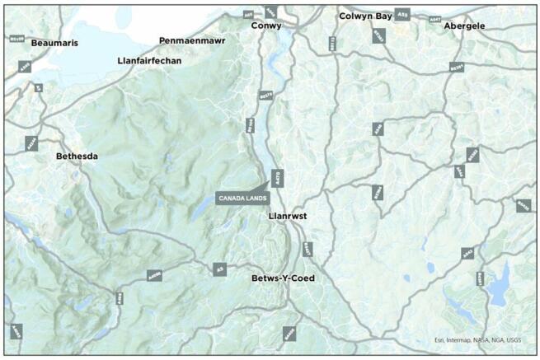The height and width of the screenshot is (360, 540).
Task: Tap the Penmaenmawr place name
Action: [190, 40]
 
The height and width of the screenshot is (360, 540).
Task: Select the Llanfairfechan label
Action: [149, 60]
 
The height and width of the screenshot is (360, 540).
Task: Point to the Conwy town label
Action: [266, 26]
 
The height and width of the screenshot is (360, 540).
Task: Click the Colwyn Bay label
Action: [365, 16]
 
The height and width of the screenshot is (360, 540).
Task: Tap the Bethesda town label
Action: [77, 156]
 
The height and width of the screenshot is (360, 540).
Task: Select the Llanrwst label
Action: [289, 216]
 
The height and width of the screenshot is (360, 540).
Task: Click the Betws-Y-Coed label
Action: [283, 278]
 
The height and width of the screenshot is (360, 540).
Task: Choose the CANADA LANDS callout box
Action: [242, 198]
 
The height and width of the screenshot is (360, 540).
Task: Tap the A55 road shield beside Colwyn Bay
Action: [402, 15]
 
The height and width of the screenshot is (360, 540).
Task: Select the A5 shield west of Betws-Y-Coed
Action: [219, 269]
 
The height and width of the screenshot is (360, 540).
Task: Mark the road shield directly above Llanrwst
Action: [278, 177]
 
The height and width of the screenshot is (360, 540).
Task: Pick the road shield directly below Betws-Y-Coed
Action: [289, 334]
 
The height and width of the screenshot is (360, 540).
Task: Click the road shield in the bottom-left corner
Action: [16, 332]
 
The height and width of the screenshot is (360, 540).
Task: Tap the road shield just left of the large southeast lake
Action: [480, 279]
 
